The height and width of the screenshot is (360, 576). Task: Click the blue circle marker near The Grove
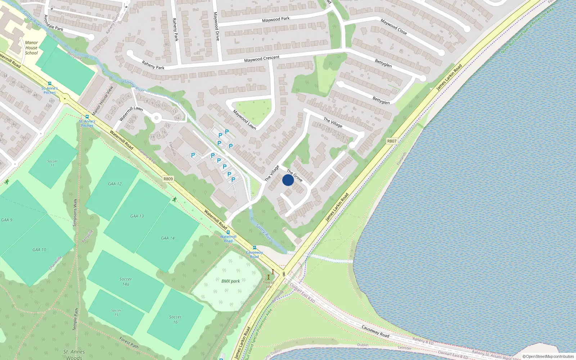click(288, 180)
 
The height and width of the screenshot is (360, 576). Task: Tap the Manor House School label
click(31, 48)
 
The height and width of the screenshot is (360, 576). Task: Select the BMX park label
click(230, 281)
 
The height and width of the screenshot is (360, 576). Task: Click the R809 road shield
click(168, 179)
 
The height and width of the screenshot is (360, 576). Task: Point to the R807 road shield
click(392, 141)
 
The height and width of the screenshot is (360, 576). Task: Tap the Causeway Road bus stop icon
click(255, 248)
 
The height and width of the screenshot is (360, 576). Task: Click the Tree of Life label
click(269, 284)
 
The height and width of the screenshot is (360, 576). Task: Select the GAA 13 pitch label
click(137, 216)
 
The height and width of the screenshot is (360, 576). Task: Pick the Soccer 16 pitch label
click(175, 319)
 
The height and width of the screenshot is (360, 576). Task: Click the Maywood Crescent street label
click(262, 59)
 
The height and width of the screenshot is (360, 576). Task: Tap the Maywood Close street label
click(393, 27)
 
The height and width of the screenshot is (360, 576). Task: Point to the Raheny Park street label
click(153, 65)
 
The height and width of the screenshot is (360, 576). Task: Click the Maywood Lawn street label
click(244, 120)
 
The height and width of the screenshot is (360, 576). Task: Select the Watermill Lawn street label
click(131, 113)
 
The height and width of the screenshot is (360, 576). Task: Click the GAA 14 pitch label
click(168, 238)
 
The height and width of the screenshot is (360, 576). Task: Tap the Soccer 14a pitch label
click(126, 282)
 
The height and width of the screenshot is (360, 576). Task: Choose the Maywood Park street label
click(276, 19)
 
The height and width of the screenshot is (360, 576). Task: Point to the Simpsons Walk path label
click(75, 212)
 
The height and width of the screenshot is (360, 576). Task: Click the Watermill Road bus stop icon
click(228, 232)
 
